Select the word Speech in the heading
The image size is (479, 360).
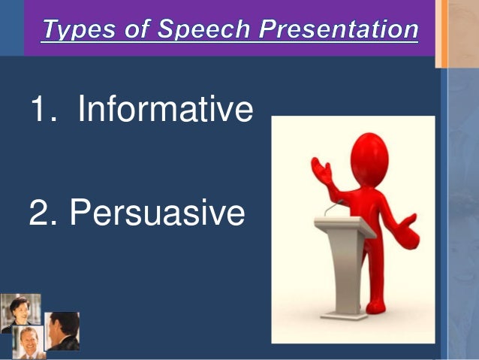(195, 30)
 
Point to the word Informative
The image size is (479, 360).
(165, 110)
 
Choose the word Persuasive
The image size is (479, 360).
(157, 213)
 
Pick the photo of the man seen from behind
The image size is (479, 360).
(63, 331)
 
